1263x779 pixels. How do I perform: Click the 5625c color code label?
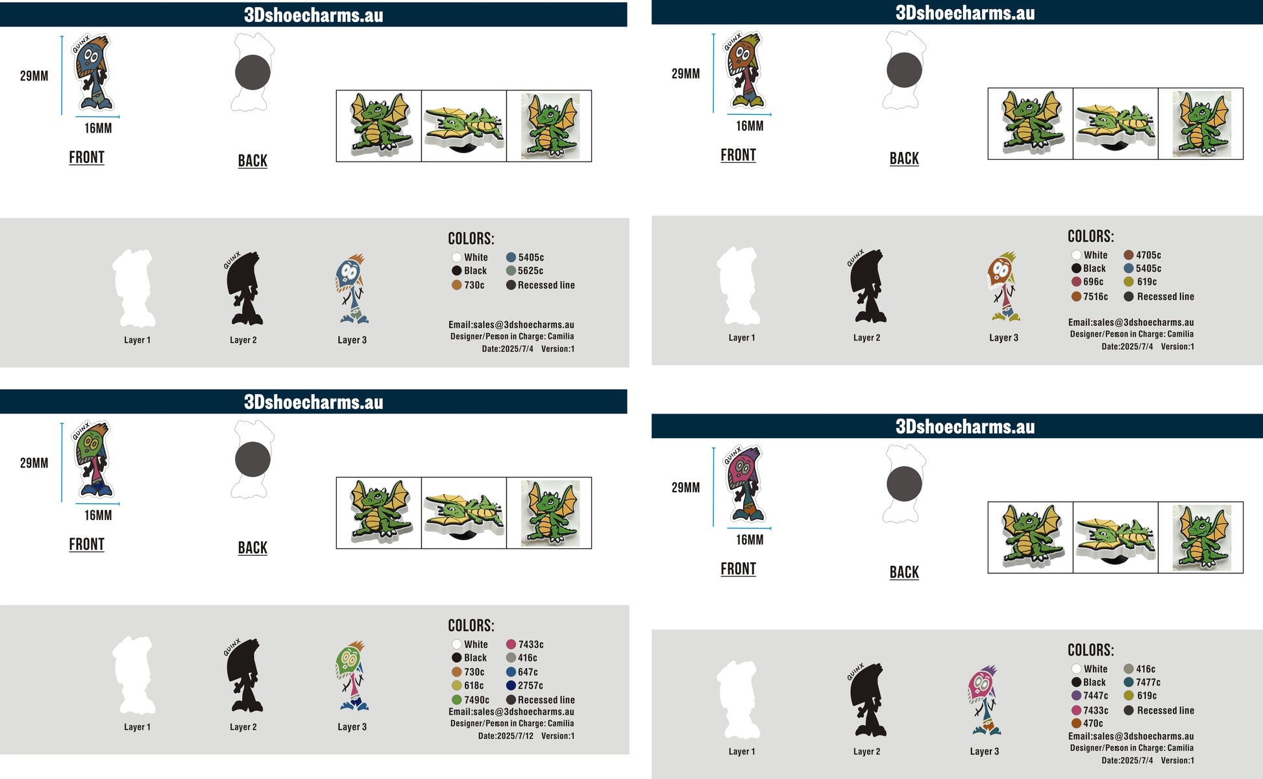point(530,271)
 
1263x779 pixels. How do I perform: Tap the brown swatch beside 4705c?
point(1129,255)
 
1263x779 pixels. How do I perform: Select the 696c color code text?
point(1093,282)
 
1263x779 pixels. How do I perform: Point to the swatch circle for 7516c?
point(1076,297)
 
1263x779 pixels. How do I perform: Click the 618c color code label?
point(474,686)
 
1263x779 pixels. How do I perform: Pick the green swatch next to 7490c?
point(457,700)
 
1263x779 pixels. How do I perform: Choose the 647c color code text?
point(528,672)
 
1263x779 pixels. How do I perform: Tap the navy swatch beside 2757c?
point(511,686)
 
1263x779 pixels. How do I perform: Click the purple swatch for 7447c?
point(1076,695)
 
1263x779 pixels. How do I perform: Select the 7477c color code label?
point(1148,682)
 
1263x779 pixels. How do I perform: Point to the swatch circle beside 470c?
point(1076,723)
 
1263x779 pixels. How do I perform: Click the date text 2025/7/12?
point(515,736)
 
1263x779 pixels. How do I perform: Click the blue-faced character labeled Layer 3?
point(352,289)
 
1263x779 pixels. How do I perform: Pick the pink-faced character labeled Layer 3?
point(985,700)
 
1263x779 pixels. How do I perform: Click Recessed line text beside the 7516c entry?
point(1166,297)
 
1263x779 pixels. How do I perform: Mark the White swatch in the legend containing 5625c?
point(457,257)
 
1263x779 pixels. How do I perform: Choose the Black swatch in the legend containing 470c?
point(1076,682)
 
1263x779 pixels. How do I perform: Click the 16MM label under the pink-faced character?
point(750,539)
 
